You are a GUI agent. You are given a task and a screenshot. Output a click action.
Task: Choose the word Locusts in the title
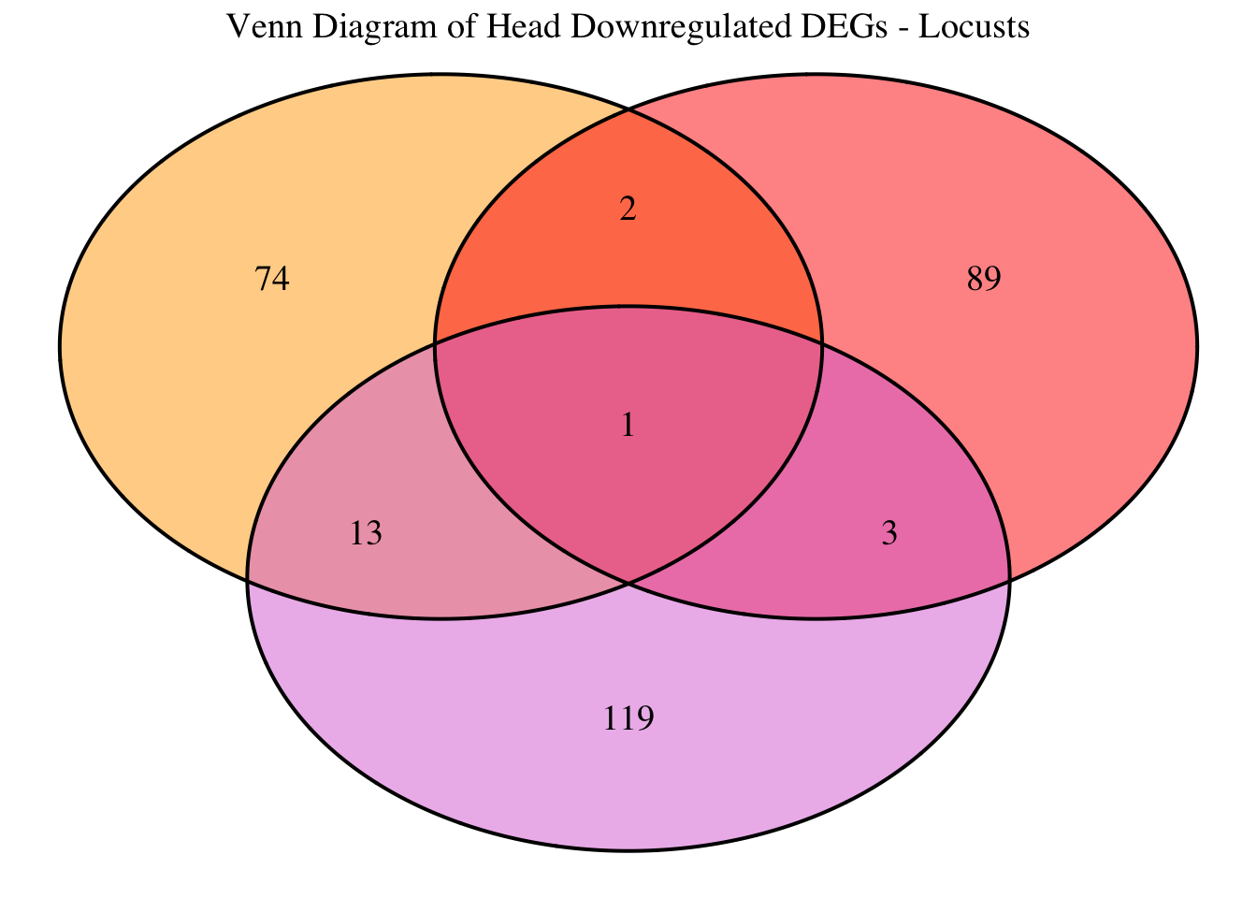pyautogui.click(x=975, y=28)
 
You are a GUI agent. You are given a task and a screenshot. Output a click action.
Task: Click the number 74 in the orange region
pyautogui.click(x=272, y=279)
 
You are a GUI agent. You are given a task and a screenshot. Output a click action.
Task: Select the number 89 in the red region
pyautogui.click(x=984, y=279)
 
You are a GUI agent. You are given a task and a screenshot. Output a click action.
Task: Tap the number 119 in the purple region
pyautogui.click(x=628, y=718)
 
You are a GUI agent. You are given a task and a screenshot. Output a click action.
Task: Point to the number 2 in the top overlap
pyautogui.click(x=628, y=209)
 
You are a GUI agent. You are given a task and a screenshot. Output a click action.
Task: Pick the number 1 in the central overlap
pyautogui.click(x=628, y=426)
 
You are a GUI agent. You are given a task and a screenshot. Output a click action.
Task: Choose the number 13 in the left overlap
pyautogui.click(x=366, y=533)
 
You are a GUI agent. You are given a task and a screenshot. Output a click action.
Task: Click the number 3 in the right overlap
pyautogui.click(x=889, y=533)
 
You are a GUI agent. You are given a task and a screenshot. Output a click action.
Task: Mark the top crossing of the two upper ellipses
pyautogui.click(x=628, y=109)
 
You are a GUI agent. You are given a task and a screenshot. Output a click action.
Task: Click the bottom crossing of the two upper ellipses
pyautogui.click(x=628, y=583)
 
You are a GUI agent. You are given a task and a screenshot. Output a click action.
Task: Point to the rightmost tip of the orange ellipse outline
pyautogui.click(x=822, y=346)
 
